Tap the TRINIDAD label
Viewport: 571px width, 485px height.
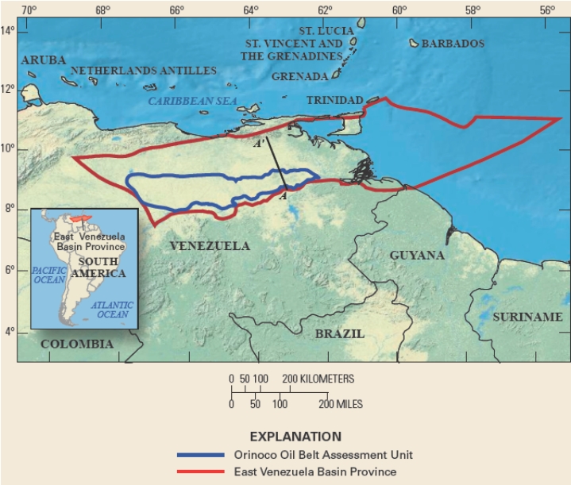click(x=334, y=100)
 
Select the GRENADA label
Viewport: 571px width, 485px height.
click(x=299, y=76)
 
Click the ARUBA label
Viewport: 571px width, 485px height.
click(x=44, y=60)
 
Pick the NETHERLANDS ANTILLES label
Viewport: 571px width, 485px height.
click(x=144, y=71)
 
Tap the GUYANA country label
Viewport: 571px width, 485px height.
click(x=417, y=256)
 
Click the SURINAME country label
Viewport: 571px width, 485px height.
click(x=527, y=317)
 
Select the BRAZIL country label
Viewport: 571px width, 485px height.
click(x=340, y=333)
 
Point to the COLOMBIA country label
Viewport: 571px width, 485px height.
click(x=77, y=344)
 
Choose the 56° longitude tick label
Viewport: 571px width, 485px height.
click(x=546, y=10)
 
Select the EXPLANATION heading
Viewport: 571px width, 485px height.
click(x=295, y=437)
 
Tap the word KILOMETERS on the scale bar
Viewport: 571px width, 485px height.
click(x=326, y=379)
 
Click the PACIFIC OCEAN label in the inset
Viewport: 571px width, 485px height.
click(x=48, y=275)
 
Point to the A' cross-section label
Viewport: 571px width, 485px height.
click(x=259, y=145)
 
